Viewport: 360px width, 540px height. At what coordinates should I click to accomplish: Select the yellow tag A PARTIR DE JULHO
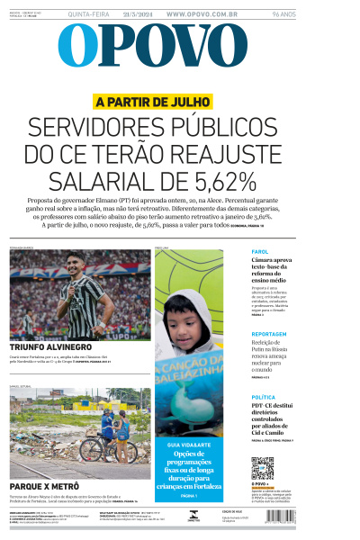(x=153, y=103)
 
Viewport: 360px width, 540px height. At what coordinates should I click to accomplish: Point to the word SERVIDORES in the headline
(x=98, y=129)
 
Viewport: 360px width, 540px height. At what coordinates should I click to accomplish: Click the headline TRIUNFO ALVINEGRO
(x=50, y=346)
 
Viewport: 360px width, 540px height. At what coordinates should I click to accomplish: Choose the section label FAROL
(x=260, y=252)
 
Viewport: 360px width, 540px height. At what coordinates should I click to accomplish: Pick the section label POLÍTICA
(x=265, y=397)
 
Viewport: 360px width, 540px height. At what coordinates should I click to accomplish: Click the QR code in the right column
(x=262, y=468)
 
